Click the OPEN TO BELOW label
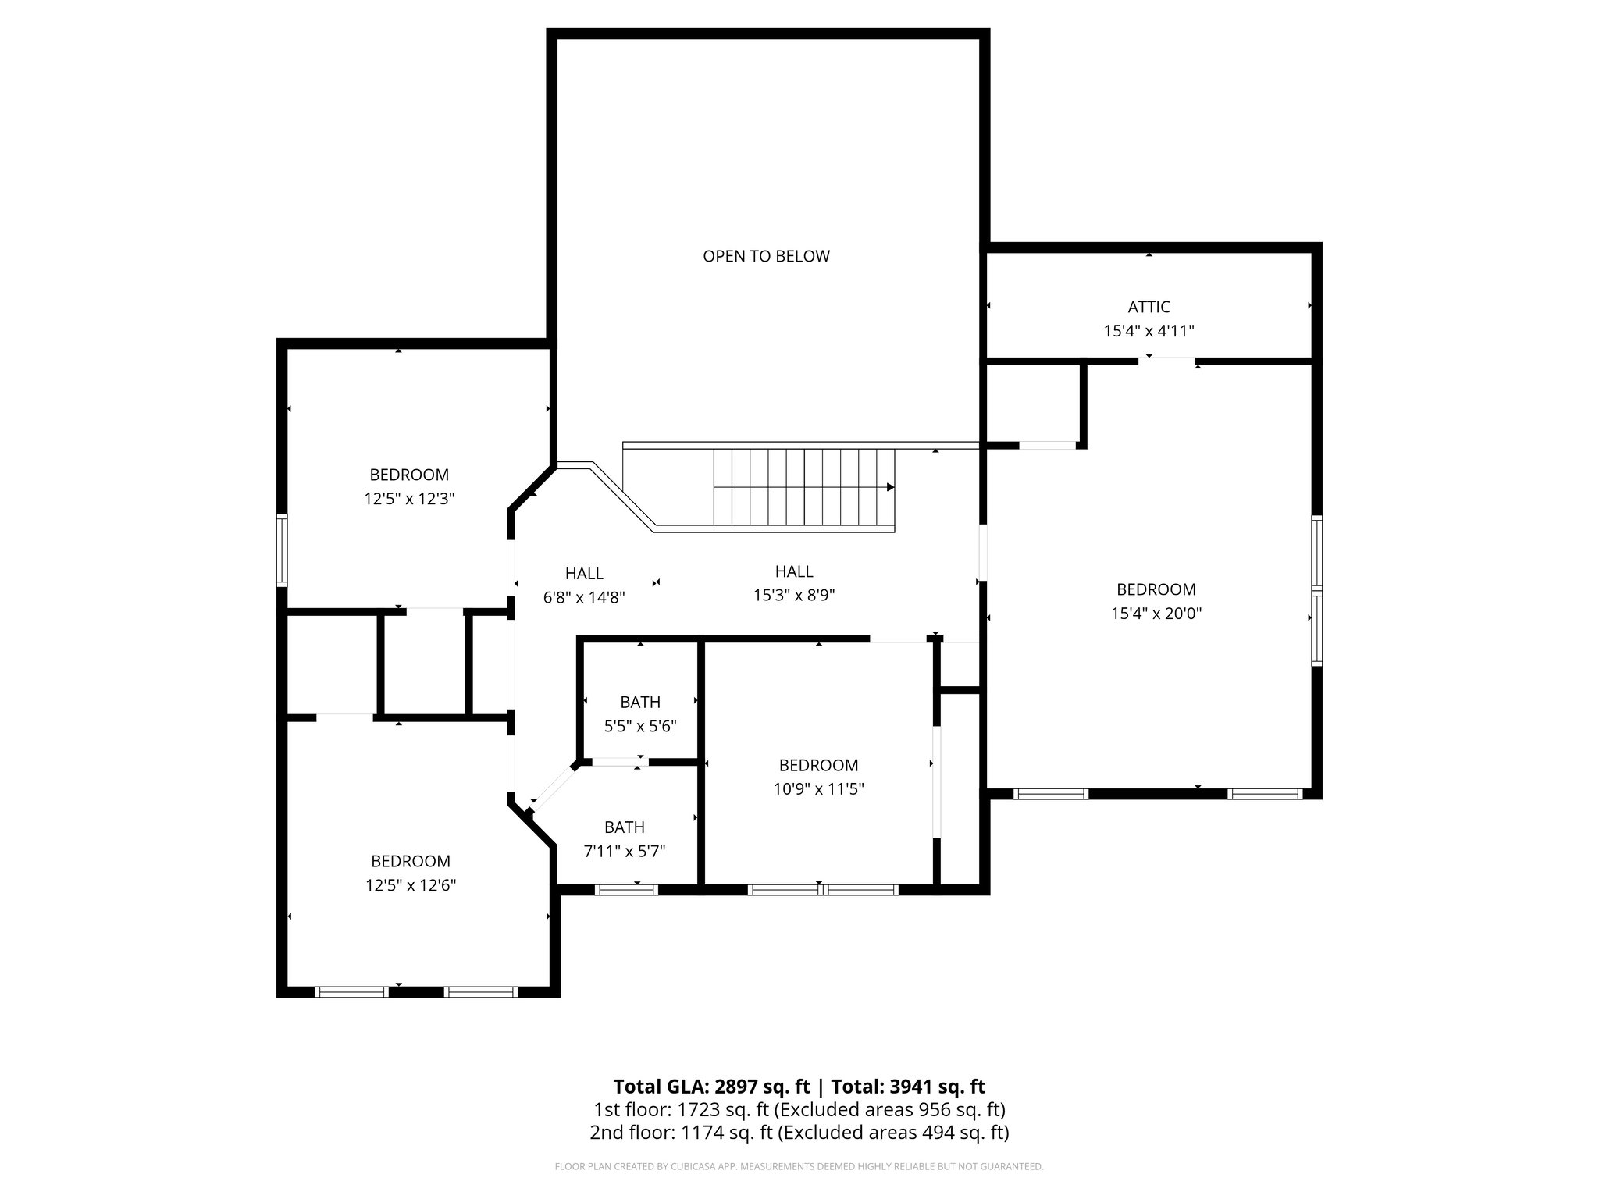point(766,256)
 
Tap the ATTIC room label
point(1149,307)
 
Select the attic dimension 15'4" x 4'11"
point(1149,331)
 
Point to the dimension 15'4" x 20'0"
point(1156,614)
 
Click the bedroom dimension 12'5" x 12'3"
point(409,499)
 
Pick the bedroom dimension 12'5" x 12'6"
point(410,885)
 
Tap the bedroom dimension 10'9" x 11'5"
point(818,789)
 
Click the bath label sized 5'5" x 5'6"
point(640,702)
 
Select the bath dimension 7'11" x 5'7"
point(625,851)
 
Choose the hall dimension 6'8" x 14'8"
point(584,597)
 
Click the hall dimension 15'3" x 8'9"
point(794,596)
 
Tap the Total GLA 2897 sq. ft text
point(710,1087)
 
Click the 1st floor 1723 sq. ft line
point(799,1109)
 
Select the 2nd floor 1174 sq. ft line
point(799,1133)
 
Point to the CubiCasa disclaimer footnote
point(799,1167)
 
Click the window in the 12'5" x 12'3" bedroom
point(282,550)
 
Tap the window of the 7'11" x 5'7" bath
point(626,889)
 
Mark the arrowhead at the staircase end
point(890,487)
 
